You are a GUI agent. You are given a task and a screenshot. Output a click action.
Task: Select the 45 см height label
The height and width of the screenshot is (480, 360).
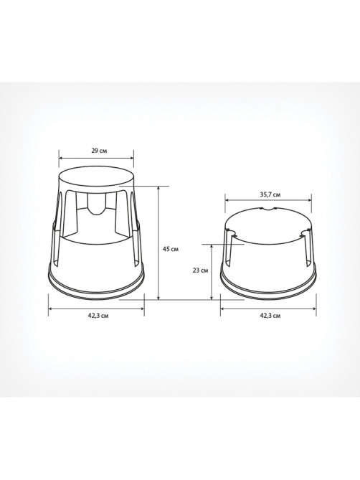pyautogui.click(x=171, y=249)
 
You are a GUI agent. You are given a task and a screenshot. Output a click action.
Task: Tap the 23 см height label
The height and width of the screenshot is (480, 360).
pyautogui.click(x=200, y=270)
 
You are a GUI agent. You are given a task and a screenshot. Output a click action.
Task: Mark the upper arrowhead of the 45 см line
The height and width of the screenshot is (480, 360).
pyautogui.click(x=158, y=188)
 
